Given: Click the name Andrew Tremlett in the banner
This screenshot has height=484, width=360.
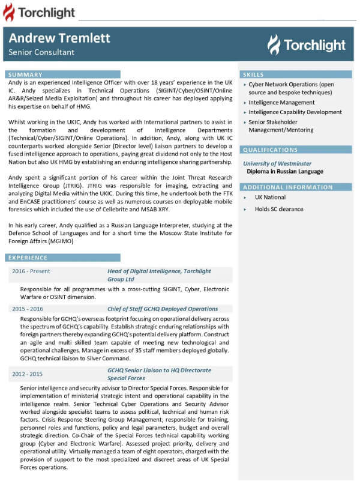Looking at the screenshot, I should [59, 38].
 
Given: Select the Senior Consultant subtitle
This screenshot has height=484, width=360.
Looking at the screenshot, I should [41, 52].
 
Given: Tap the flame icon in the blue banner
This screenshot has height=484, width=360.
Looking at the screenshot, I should [274, 44].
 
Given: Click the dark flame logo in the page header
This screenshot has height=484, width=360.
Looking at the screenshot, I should [10, 12].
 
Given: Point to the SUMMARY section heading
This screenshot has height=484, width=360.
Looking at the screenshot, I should [25, 74].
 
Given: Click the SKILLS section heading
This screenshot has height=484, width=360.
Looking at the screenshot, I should [253, 74].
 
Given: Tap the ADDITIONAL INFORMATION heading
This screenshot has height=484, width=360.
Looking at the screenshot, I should [280, 187].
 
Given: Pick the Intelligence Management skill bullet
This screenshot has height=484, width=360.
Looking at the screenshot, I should [281, 103].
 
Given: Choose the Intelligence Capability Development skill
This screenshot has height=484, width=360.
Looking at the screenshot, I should [295, 112].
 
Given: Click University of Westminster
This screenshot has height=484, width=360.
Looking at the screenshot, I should [277, 163].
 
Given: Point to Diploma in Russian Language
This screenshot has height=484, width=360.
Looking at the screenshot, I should [284, 171].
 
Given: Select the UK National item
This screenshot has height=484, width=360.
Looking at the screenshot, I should [270, 197].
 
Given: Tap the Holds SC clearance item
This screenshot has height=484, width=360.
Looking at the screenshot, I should [279, 209].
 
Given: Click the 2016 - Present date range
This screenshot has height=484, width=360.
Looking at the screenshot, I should [31, 271].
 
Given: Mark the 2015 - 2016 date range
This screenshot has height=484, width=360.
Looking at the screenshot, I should [28, 309].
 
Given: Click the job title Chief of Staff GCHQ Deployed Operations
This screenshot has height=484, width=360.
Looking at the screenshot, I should [163, 309].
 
